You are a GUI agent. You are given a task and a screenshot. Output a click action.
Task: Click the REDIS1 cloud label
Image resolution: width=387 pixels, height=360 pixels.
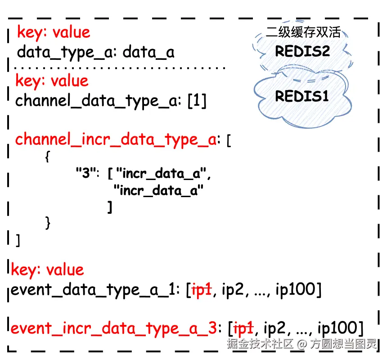302,96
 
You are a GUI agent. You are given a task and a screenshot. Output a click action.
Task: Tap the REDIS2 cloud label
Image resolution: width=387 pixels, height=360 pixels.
302,51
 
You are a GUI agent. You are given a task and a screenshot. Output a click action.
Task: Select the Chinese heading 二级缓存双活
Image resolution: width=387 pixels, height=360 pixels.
303,32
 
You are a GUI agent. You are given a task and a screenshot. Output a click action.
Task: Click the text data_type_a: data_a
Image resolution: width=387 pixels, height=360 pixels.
95,53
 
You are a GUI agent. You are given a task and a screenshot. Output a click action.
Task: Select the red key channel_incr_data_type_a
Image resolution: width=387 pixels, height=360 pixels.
116,139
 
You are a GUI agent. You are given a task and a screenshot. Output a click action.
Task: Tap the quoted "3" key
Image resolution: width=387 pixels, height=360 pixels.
85,173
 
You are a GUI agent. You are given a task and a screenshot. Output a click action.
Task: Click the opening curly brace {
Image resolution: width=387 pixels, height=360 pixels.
48,156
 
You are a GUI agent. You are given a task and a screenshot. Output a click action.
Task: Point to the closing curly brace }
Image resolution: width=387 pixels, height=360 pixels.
48,222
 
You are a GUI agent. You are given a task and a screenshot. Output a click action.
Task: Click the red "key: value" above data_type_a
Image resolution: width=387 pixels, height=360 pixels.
54,32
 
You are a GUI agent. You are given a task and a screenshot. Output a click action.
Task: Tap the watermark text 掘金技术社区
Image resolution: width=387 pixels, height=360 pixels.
261,344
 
